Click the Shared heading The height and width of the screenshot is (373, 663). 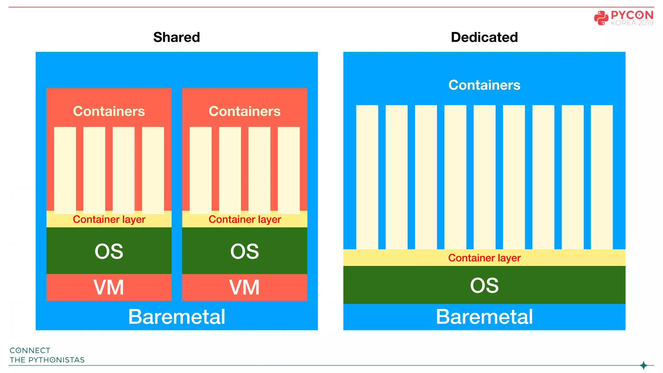point(176,37)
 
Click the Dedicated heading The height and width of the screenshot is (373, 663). point(484,37)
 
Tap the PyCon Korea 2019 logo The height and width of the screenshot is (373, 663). point(624,18)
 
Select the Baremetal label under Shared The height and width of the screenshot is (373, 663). point(176,316)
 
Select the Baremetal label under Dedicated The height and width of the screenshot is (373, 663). point(484,316)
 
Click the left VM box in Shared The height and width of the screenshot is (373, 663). point(109,287)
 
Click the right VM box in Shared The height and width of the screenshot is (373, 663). point(244,287)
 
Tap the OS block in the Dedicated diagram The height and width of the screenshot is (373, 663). point(484,285)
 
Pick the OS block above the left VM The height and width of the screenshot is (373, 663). point(109,251)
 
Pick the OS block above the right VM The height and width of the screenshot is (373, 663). point(244,251)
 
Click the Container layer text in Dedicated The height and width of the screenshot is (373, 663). point(484,258)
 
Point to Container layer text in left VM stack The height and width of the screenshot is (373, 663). point(109,219)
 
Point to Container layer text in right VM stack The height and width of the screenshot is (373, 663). point(244,219)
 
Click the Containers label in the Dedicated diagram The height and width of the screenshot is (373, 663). point(484,85)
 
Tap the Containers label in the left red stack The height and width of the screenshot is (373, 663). point(109,111)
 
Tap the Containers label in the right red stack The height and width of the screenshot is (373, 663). point(244,111)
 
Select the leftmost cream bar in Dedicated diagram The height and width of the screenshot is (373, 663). point(367,176)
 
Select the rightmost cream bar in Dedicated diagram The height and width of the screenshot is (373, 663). point(601,176)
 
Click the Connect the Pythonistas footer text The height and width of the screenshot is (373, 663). point(47,355)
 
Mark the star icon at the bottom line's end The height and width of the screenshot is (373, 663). point(644,365)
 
